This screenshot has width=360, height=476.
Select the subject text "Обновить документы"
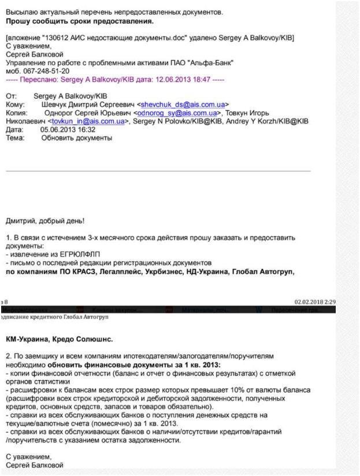[76, 138]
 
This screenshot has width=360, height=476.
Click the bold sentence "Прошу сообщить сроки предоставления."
[80, 21]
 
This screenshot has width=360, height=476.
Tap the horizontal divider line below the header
[158, 171]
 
